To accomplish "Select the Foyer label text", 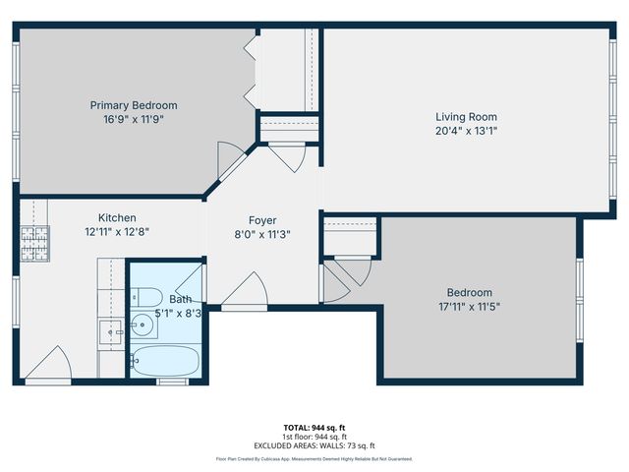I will pos(261,220).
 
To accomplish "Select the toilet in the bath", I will pos(145,296).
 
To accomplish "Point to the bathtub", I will pos(164,361).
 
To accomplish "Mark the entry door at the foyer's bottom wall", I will pos(244,291).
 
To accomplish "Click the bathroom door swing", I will pos(193,283).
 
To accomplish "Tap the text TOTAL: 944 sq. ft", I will pos(314,427).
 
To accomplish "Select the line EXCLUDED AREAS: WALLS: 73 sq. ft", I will pos(314,444).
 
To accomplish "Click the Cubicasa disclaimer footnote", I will pos(314,459).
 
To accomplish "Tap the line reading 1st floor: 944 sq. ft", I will pos(314,436).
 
